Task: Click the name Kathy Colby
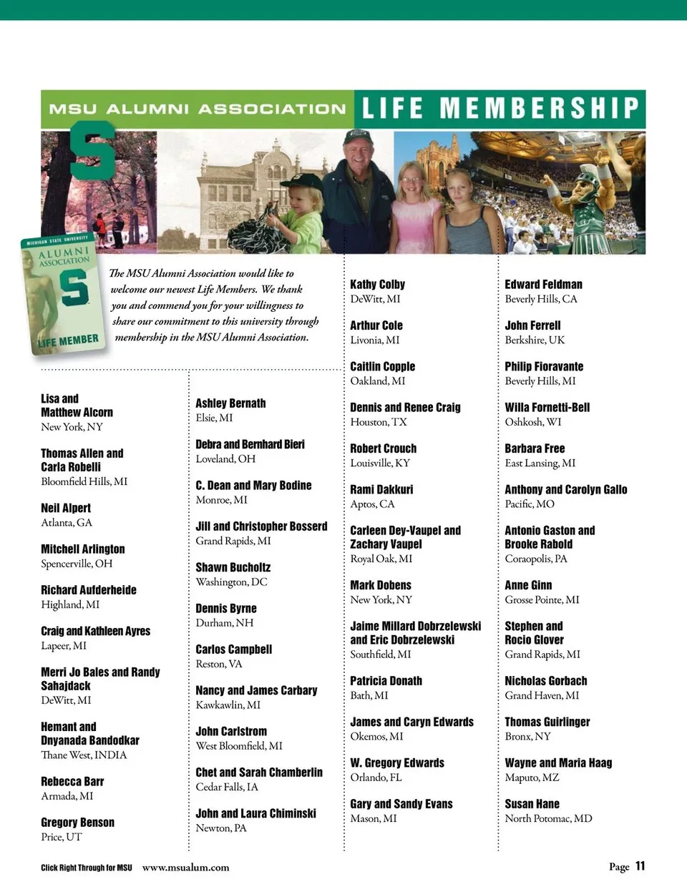377,284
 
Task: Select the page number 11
640,866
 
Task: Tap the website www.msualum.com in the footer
185,867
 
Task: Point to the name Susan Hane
532,804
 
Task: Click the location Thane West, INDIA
84,755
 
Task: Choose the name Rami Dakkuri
381,489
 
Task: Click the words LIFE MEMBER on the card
69,340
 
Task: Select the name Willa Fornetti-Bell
547,407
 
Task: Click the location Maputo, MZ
532,778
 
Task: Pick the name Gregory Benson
77,823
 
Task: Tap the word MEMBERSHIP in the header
538,108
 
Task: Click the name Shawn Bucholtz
233,567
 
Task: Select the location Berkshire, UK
535,340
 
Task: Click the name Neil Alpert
66,508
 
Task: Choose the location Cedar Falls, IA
227,787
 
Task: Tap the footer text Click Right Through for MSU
86,868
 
